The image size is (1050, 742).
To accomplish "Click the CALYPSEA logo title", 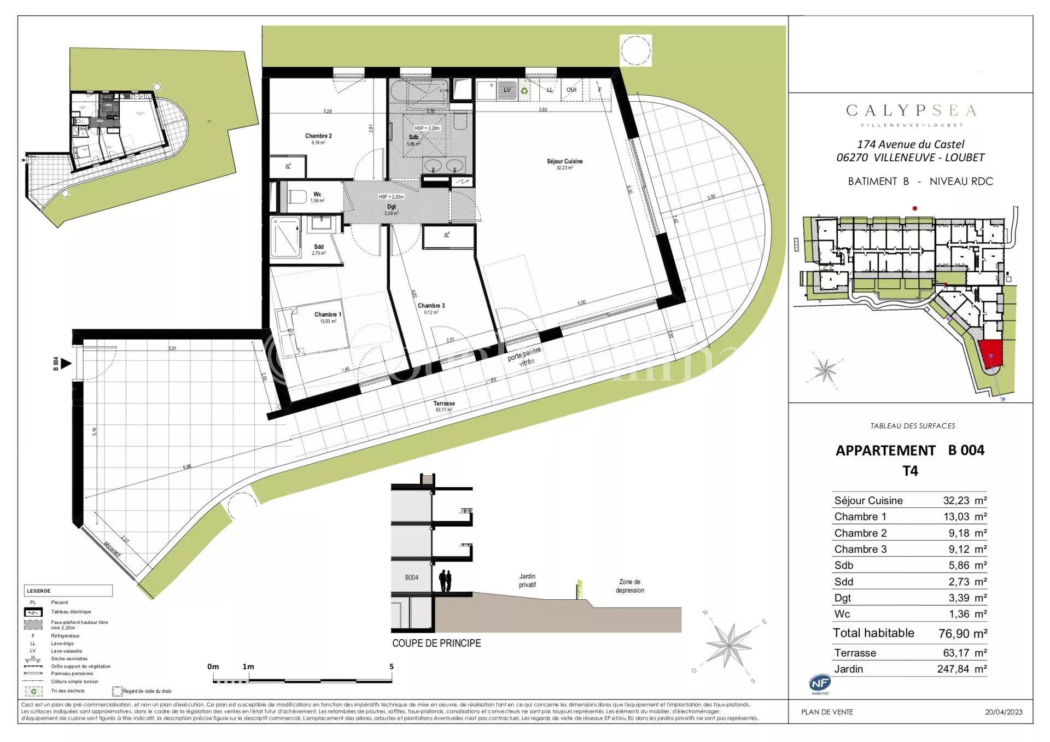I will pyautogui.click(x=911, y=111).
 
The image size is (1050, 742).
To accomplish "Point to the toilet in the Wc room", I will pyautogui.click(x=297, y=196).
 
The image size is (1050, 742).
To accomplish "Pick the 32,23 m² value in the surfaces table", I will pyautogui.click(x=964, y=501).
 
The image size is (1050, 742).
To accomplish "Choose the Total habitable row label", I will pyautogui.click(x=873, y=633).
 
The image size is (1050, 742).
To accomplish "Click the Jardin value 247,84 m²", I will pyautogui.click(x=961, y=669).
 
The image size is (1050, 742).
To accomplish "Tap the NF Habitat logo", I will pyautogui.click(x=820, y=683).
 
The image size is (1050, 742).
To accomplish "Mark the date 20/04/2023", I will pyautogui.click(x=1004, y=712).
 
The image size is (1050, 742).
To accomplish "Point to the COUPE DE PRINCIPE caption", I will pyautogui.click(x=436, y=644).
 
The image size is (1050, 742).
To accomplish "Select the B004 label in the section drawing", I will pyautogui.click(x=411, y=578).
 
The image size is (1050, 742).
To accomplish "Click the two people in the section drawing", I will pyautogui.click(x=445, y=581).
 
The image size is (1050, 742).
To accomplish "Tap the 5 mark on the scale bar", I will pyautogui.click(x=392, y=667).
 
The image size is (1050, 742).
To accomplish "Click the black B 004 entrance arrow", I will pyautogui.click(x=66, y=364).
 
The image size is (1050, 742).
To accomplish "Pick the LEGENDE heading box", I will pyautogui.click(x=68, y=591).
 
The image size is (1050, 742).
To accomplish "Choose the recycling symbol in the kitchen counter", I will pyautogui.click(x=524, y=91).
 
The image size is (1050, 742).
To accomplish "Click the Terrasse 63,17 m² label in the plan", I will pyautogui.click(x=444, y=406).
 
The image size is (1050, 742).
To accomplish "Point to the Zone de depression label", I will pyautogui.click(x=629, y=586).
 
